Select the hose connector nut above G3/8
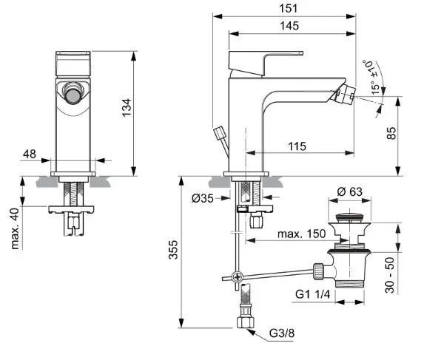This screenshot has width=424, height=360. pos(244,322)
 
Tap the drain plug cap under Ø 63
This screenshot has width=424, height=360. pos(349,219)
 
